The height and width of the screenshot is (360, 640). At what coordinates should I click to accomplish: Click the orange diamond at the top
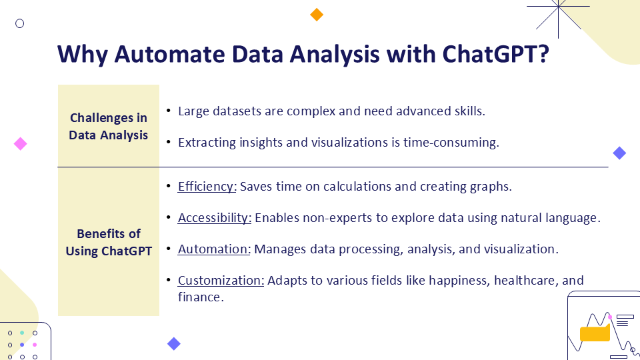(317, 15)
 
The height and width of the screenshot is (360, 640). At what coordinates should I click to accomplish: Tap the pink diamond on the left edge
(21, 144)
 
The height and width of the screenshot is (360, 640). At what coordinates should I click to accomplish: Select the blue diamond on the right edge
(619, 153)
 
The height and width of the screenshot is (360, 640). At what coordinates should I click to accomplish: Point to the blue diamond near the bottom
(174, 344)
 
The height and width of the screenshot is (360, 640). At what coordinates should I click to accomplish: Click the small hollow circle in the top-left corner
(19, 24)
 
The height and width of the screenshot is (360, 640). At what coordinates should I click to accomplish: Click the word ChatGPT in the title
(495, 54)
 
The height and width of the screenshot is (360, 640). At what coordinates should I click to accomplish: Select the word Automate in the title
(169, 54)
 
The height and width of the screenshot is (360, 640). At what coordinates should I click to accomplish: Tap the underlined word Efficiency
(207, 187)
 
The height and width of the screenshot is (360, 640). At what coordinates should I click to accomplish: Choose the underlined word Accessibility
(214, 218)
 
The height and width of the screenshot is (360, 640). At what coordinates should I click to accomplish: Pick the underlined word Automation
(214, 249)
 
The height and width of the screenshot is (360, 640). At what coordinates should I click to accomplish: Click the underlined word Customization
(221, 281)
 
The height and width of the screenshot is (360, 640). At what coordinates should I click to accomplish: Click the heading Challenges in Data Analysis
(108, 126)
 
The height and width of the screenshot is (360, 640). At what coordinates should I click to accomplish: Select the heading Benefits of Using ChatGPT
(109, 242)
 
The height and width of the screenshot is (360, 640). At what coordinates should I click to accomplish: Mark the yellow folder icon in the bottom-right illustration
(595, 333)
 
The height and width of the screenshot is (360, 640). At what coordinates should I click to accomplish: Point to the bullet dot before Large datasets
(169, 110)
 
